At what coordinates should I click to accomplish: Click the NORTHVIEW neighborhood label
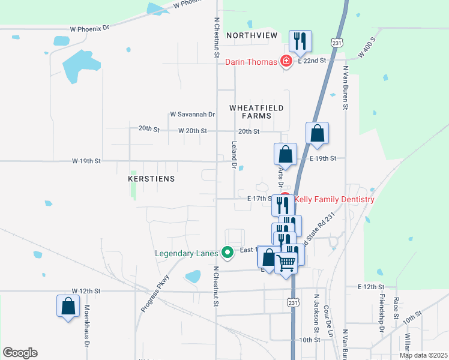(x=252, y=35)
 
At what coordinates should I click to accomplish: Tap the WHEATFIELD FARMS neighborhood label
(x=256, y=112)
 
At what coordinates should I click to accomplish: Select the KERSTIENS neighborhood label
(x=151, y=179)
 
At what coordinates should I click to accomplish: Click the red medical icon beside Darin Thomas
(x=286, y=61)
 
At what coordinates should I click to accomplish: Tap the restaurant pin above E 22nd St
(x=300, y=41)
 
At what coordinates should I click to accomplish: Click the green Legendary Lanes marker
(x=227, y=253)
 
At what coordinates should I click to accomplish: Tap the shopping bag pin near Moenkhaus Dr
(x=68, y=306)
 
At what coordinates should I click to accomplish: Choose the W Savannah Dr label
(x=192, y=114)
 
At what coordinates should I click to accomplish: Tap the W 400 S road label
(x=366, y=47)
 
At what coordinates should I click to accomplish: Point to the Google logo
(x=20, y=352)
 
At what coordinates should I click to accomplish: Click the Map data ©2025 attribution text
(x=423, y=355)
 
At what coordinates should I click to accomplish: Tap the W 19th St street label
(x=86, y=161)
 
